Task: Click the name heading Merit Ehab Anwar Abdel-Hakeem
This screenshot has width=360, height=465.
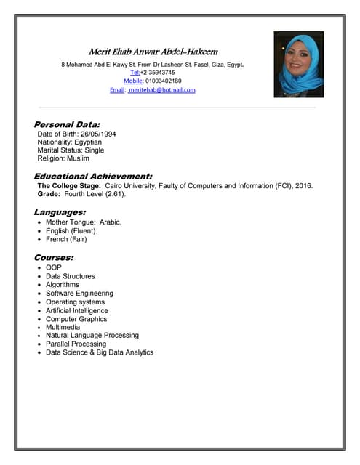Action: [x=153, y=52]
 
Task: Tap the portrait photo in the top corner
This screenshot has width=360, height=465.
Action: [x=298, y=64]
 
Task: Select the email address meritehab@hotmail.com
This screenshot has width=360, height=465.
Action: [x=162, y=90]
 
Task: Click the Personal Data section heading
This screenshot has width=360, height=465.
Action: [x=67, y=124]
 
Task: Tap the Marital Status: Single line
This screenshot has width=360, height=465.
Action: [x=71, y=150]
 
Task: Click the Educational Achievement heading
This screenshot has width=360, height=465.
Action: [x=93, y=176]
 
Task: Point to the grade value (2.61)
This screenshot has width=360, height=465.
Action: [x=113, y=194]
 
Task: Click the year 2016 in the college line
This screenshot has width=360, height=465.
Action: [x=303, y=186]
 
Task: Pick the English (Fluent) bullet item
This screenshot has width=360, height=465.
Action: [x=71, y=231]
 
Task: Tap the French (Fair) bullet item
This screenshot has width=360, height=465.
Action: [x=66, y=239]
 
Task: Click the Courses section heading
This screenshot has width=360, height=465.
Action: [x=53, y=257]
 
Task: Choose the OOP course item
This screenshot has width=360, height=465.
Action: [x=54, y=268]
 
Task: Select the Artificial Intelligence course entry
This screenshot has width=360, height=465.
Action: [x=77, y=310]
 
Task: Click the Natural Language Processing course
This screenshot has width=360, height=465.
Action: [x=92, y=336]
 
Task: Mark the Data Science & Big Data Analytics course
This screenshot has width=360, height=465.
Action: [x=100, y=352]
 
